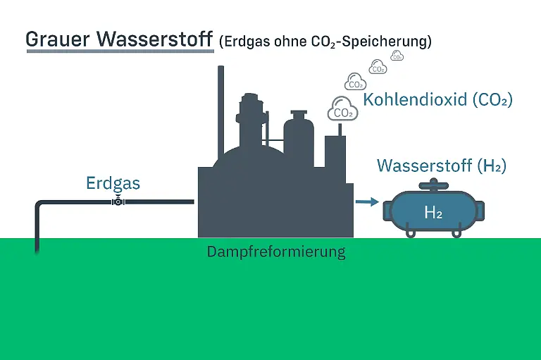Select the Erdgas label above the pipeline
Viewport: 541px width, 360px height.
pyautogui.click(x=113, y=184)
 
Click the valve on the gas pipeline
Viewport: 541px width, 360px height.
pyautogui.click(x=118, y=202)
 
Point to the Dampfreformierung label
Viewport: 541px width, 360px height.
pyautogui.click(x=276, y=252)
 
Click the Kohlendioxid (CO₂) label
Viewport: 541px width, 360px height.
pyautogui.click(x=437, y=100)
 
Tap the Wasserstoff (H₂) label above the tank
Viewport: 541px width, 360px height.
pyautogui.click(x=442, y=166)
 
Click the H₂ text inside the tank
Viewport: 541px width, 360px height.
pyautogui.click(x=433, y=212)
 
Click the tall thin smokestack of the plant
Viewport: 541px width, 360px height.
pyautogui.click(x=221, y=106)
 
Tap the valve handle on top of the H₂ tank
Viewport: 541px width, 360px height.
pyautogui.click(x=433, y=186)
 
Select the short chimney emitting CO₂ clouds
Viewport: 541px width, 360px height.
pyautogui.click(x=340, y=130)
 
